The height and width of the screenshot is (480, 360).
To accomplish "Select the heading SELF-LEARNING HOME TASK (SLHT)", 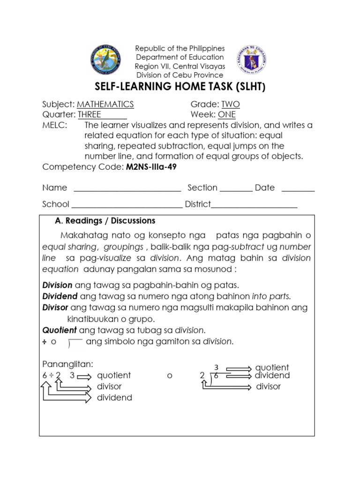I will (x=180, y=88).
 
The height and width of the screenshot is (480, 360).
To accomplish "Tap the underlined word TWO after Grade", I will (x=231, y=104).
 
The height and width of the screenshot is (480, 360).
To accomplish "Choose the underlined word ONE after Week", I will (x=227, y=115).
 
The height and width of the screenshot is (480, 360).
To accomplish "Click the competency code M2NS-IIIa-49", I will (x=150, y=167).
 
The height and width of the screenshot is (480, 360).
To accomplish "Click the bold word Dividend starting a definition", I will (x=60, y=296).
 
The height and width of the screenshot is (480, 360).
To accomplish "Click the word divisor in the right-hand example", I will (x=268, y=387).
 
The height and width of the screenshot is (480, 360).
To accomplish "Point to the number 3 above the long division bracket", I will (x=216, y=367).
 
